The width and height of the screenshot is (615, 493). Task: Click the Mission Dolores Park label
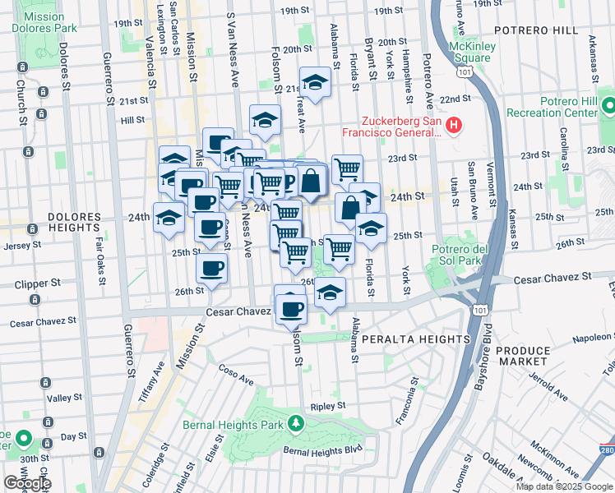(x=44, y=22)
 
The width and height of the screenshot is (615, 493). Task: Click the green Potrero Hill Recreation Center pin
(x=608, y=107)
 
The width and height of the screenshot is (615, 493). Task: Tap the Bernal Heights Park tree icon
(x=295, y=424)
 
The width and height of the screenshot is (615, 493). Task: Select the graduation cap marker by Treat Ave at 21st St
(x=314, y=82)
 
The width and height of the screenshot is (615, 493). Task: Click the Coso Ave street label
(x=238, y=375)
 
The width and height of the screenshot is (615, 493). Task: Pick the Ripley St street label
(x=326, y=406)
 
